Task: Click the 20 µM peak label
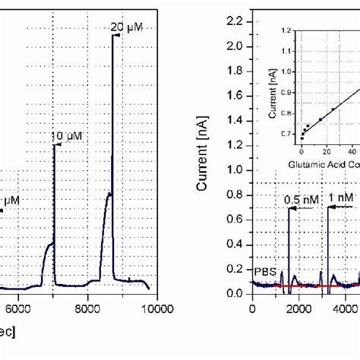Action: (127, 28)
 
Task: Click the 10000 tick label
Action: (156, 308)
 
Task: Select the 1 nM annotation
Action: (341, 197)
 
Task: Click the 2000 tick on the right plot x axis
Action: (298, 308)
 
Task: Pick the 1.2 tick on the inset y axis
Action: (286, 30)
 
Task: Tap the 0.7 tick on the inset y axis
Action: (286, 134)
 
